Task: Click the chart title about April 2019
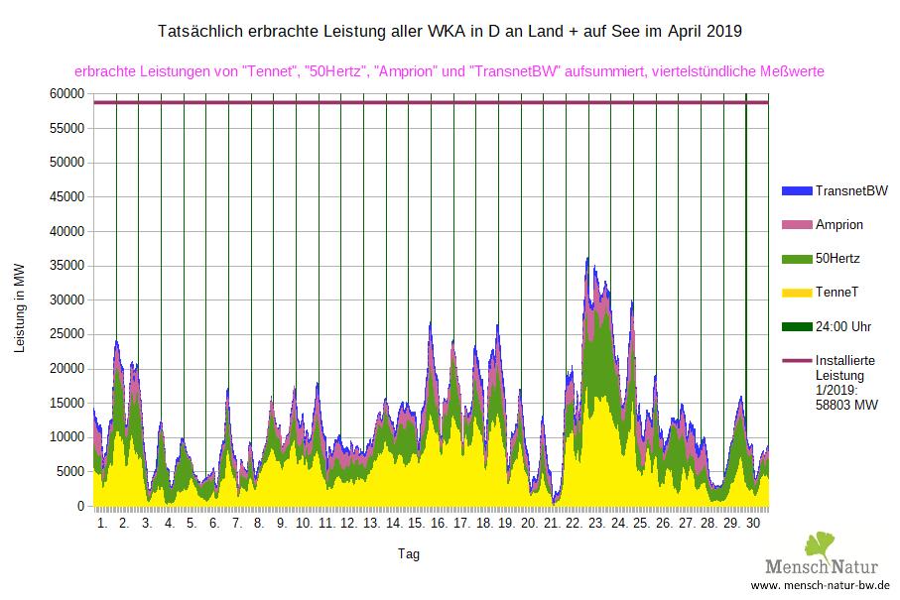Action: coord(450,32)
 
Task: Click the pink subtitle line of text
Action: coord(450,71)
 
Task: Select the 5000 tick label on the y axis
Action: coord(70,472)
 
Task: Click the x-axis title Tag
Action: coord(408,554)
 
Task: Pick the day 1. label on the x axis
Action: coord(102,522)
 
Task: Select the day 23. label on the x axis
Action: coord(596,522)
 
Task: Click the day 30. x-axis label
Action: coord(753,522)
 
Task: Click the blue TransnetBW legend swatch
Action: coord(796,190)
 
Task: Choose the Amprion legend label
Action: coord(838,224)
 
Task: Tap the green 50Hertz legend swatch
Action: coord(796,259)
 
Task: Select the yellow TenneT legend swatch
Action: coord(796,294)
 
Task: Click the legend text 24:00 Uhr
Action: coord(843,327)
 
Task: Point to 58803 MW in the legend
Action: coord(846,405)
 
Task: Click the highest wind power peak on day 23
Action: coord(587,259)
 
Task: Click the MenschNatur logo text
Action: coord(823,568)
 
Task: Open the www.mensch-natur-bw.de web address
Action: coord(820,587)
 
